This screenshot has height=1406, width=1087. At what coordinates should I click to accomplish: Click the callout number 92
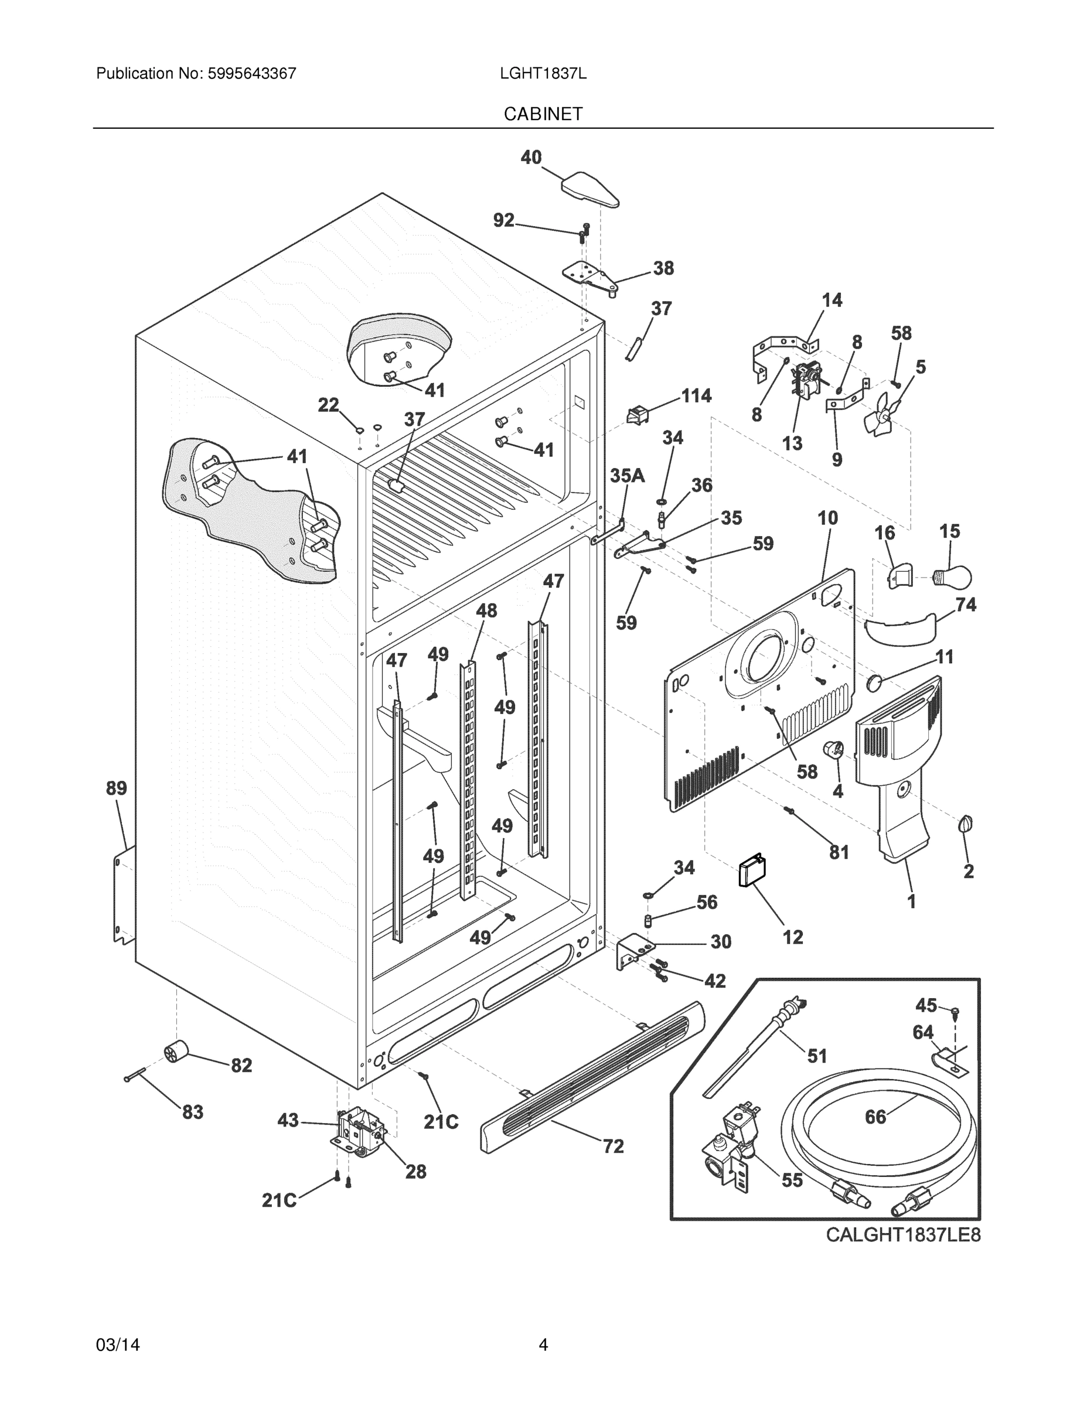pyautogui.click(x=503, y=221)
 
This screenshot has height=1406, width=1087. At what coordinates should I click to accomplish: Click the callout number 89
pyautogui.click(x=117, y=788)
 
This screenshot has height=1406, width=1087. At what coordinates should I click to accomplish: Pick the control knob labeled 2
pyautogui.click(x=965, y=824)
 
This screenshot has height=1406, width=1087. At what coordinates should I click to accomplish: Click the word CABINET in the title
pyautogui.click(x=543, y=114)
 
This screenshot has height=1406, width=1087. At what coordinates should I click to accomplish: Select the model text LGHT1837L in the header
pyautogui.click(x=543, y=73)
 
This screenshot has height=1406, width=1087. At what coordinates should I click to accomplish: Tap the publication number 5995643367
pyautogui.click(x=251, y=73)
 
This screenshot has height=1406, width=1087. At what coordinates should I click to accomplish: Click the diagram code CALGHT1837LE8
pyautogui.click(x=903, y=1236)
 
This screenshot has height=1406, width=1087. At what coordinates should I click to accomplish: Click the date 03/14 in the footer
pyautogui.click(x=118, y=1345)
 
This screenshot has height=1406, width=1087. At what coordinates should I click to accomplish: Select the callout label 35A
pyautogui.click(x=627, y=476)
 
